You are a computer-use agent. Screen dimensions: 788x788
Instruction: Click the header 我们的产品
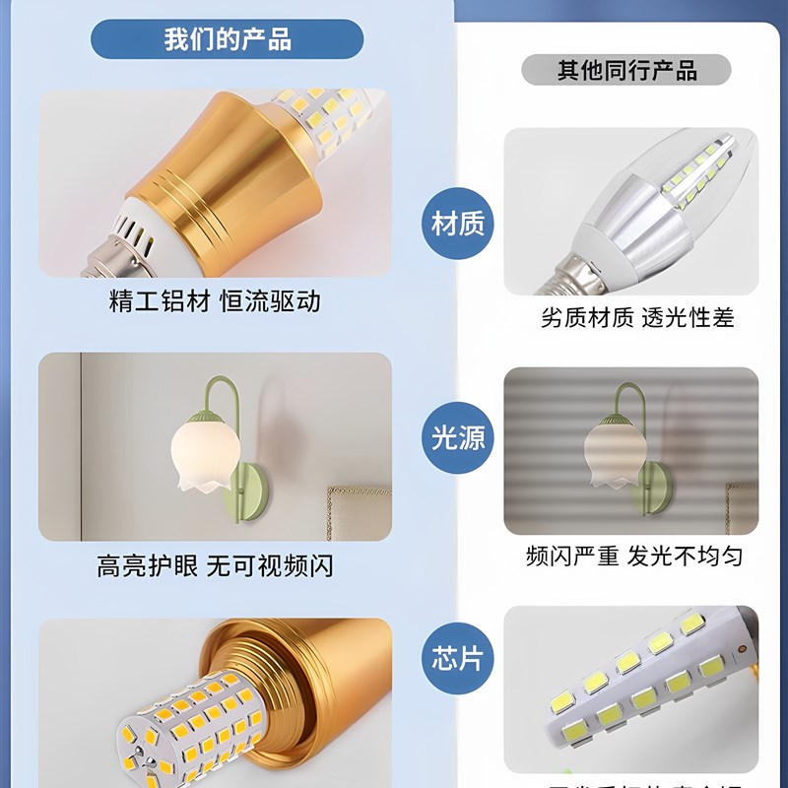227,39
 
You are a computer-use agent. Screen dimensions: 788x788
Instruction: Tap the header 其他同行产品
626,70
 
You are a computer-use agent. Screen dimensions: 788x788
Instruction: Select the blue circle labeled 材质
458,224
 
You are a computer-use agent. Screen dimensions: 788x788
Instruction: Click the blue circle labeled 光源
458,437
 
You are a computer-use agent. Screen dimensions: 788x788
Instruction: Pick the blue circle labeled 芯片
458,657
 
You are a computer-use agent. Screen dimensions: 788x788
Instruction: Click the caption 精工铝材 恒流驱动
215,301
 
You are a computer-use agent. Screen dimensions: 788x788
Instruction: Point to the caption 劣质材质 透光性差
637,317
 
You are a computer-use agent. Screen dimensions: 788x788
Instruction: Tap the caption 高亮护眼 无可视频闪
215,566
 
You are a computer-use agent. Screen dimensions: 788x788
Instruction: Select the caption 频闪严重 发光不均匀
633,556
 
